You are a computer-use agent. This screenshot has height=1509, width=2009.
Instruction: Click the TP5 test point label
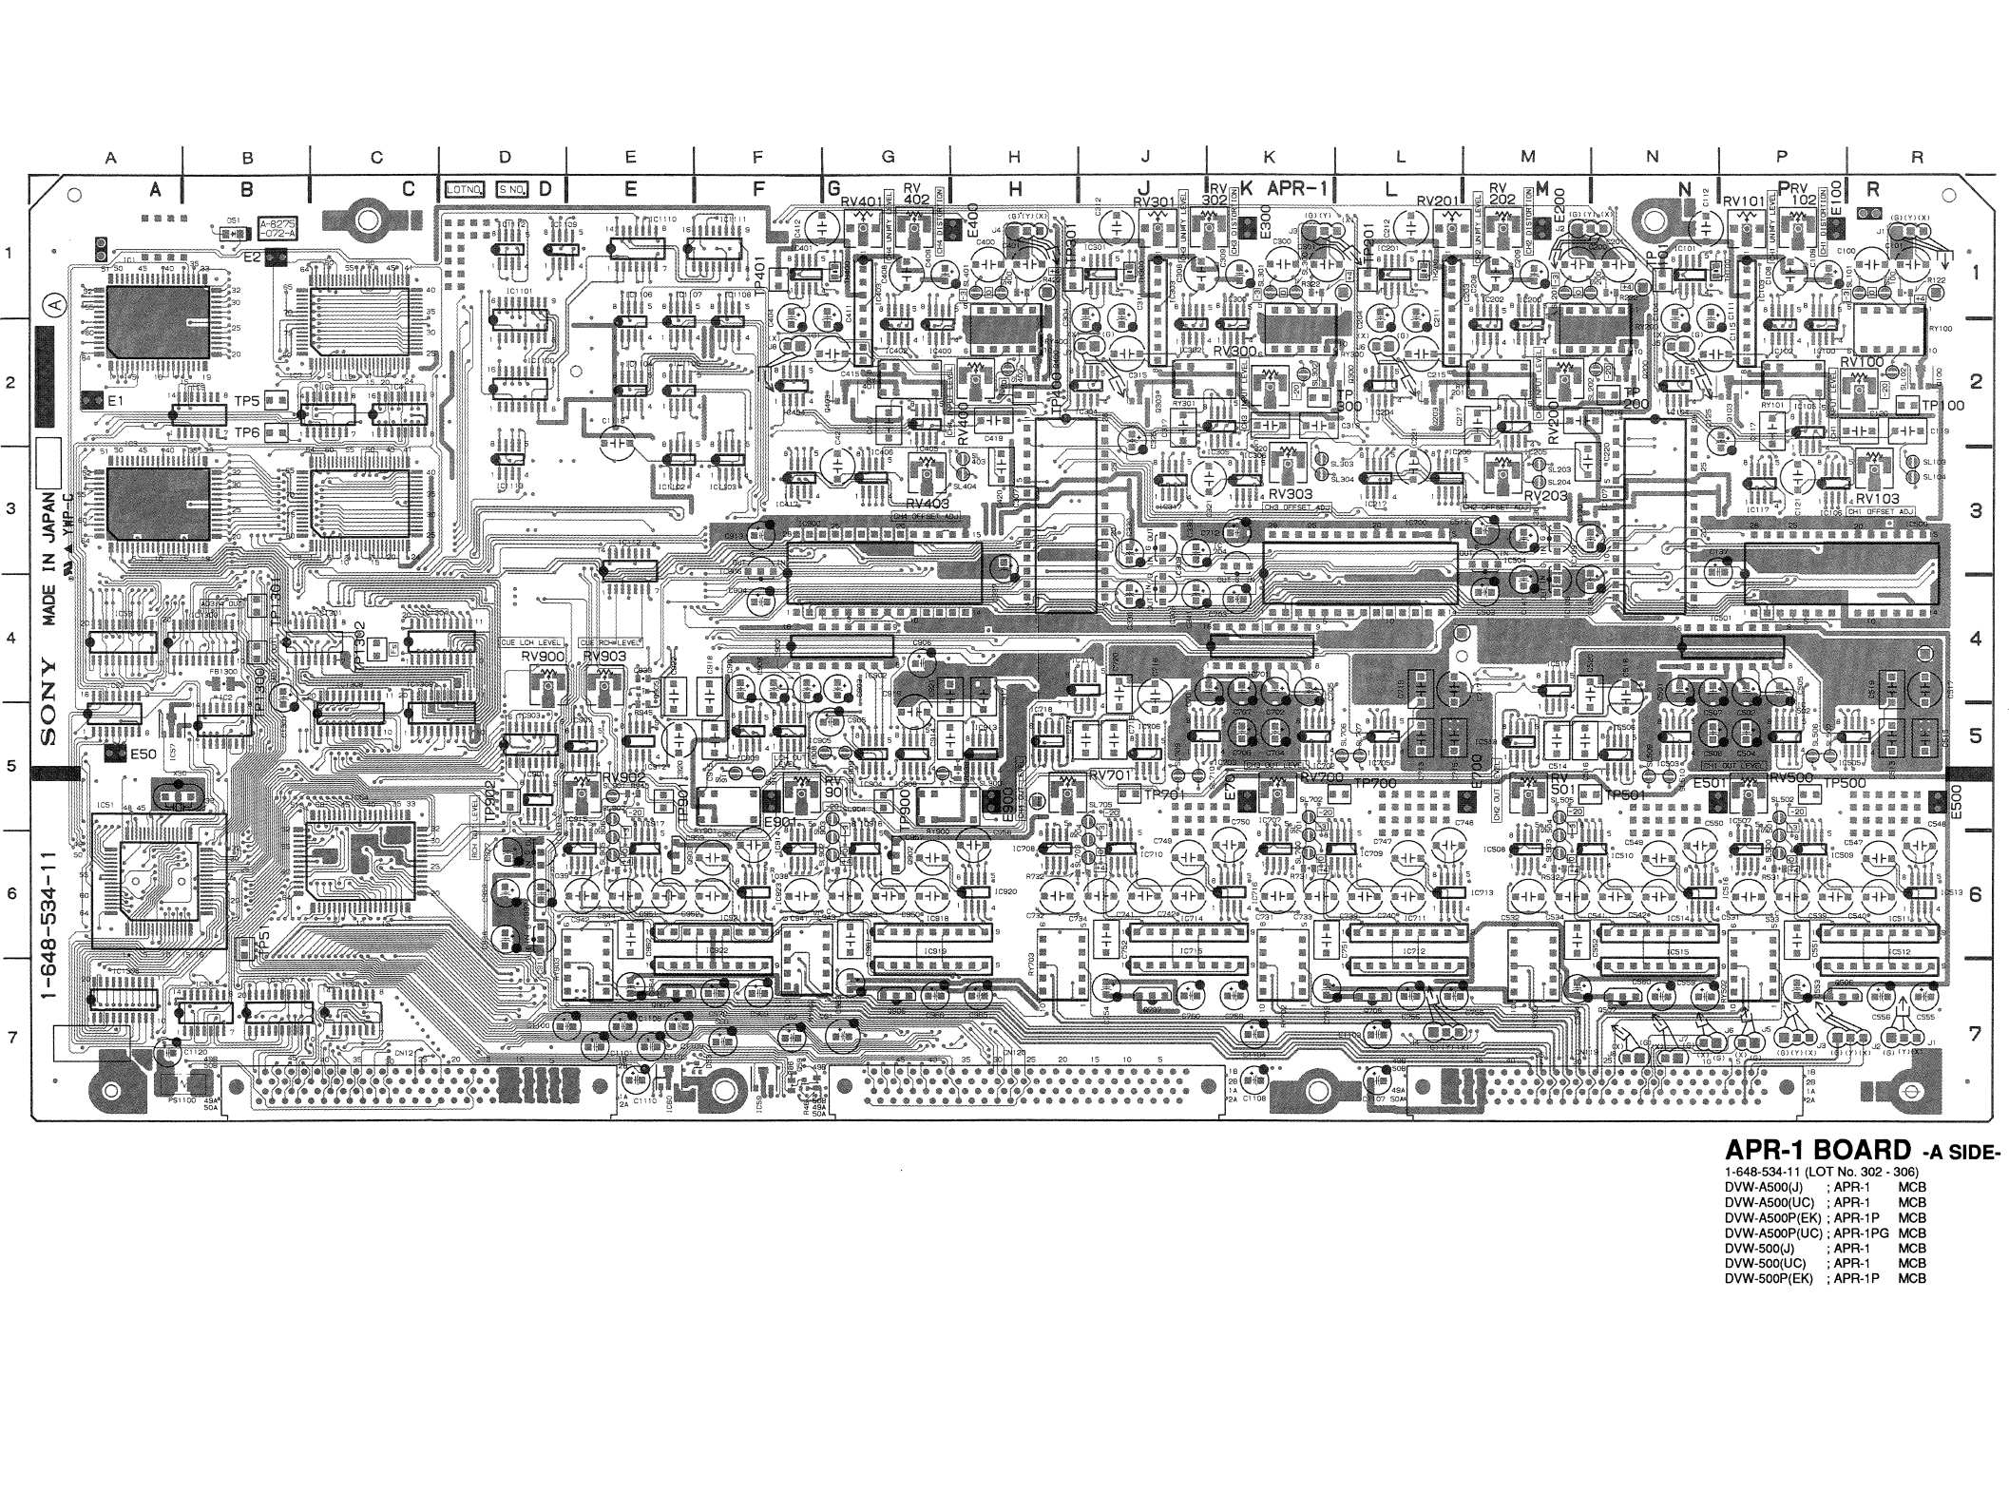246,400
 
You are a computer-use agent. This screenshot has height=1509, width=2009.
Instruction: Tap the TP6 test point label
246,433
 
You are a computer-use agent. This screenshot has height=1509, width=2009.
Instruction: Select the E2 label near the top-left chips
252,257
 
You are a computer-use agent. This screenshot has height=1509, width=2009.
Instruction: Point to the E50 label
143,754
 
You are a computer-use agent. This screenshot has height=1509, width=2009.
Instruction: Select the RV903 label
603,657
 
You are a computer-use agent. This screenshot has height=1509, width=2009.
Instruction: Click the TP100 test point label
1942,406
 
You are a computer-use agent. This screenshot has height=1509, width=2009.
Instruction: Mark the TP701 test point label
1165,794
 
